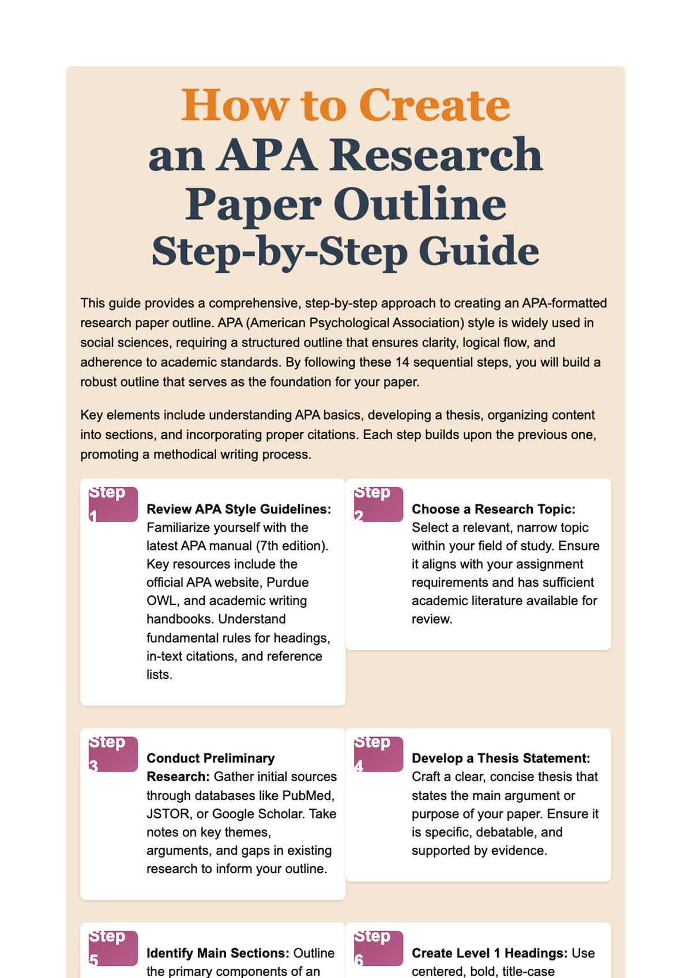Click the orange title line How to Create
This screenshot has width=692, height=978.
tap(345, 105)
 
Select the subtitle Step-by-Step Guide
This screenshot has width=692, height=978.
tap(345, 251)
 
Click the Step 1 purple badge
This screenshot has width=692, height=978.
tap(113, 504)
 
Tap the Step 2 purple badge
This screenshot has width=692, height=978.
tap(378, 504)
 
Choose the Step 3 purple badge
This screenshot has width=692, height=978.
tap(113, 754)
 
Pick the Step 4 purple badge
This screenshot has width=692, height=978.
tap(378, 754)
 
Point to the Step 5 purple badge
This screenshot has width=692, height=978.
tap(113, 948)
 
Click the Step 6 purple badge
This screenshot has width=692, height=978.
tap(378, 948)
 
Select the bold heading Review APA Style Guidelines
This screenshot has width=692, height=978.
tap(239, 509)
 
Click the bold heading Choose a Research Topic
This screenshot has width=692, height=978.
tap(494, 509)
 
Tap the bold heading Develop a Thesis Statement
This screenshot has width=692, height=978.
tap(501, 758)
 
